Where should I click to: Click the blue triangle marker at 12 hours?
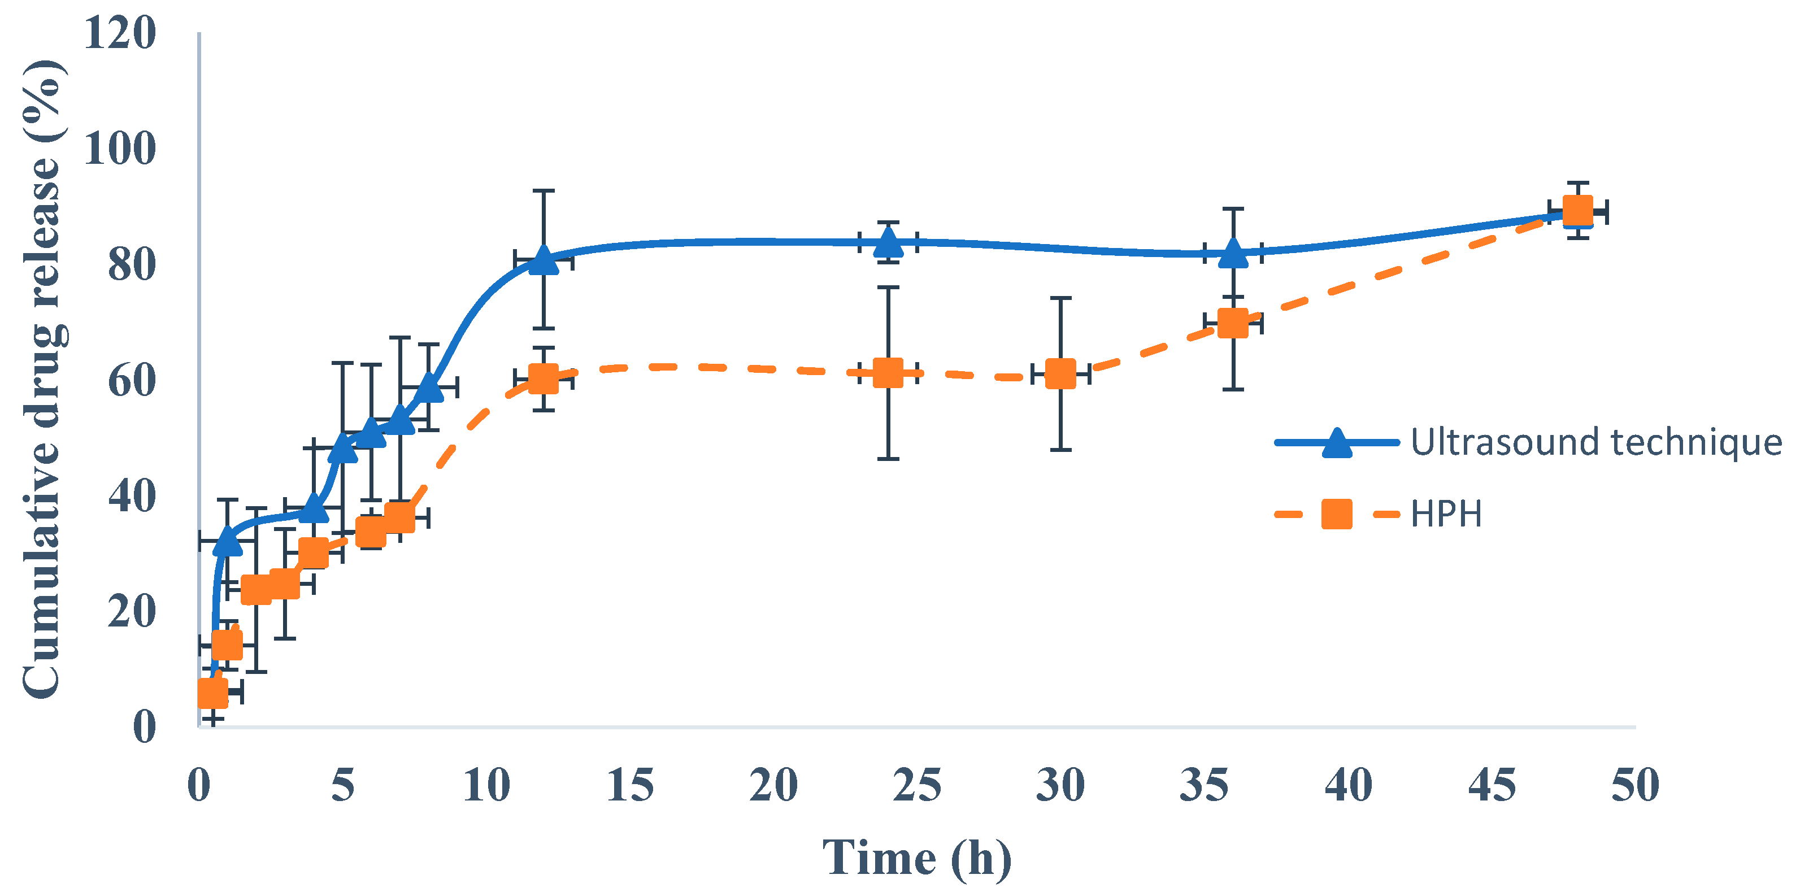click(x=544, y=261)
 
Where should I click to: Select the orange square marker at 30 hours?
click(x=1060, y=375)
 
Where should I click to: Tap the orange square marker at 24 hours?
click(x=888, y=373)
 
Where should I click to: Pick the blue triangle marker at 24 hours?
click(x=888, y=243)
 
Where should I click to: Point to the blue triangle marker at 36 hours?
click(x=1233, y=254)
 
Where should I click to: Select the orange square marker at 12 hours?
click(x=544, y=378)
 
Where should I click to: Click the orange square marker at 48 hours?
click(x=1577, y=211)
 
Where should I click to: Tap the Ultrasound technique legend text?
click(x=1596, y=442)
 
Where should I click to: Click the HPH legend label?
click(x=1446, y=515)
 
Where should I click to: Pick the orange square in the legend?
click(x=1336, y=514)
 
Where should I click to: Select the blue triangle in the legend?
click(x=1336, y=443)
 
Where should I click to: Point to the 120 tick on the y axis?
click(x=119, y=33)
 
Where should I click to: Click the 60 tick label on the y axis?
click(x=132, y=381)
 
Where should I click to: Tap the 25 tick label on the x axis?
click(x=917, y=785)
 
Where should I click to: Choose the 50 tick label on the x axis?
click(x=1634, y=785)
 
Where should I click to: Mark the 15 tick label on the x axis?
click(x=629, y=785)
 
